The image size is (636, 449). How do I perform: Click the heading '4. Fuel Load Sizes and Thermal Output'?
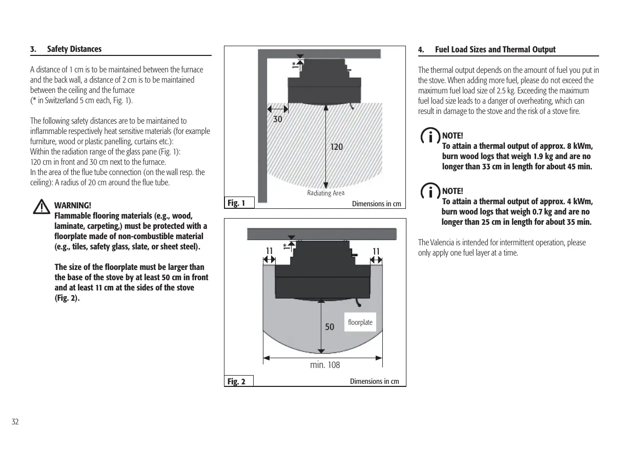click(x=487, y=50)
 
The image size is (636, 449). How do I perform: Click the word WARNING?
click(x=72, y=206)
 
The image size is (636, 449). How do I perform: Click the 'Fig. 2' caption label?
click(x=236, y=381)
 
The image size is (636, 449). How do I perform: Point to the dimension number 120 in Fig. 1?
click(x=336, y=147)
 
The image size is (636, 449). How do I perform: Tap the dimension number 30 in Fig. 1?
click(x=277, y=119)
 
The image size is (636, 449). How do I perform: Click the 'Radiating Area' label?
click(x=325, y=193)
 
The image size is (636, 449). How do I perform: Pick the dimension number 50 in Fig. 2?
click(x=330, y=327)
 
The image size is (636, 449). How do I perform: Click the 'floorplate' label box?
click(x=360, y=322)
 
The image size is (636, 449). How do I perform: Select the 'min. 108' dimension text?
click(x=325, y=365)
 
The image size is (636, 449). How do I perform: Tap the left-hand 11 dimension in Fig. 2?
click(x=268, y=251)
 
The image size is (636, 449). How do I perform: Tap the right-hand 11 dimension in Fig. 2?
click(x=377, y=251)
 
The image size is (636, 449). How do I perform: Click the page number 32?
click(x=15, y=422)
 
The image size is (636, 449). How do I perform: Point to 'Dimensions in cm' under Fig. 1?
click(x=377, y=204)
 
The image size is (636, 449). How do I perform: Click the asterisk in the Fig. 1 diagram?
click(x=294, y=64)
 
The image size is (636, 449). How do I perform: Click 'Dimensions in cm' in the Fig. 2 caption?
click(x=375, y=381)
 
